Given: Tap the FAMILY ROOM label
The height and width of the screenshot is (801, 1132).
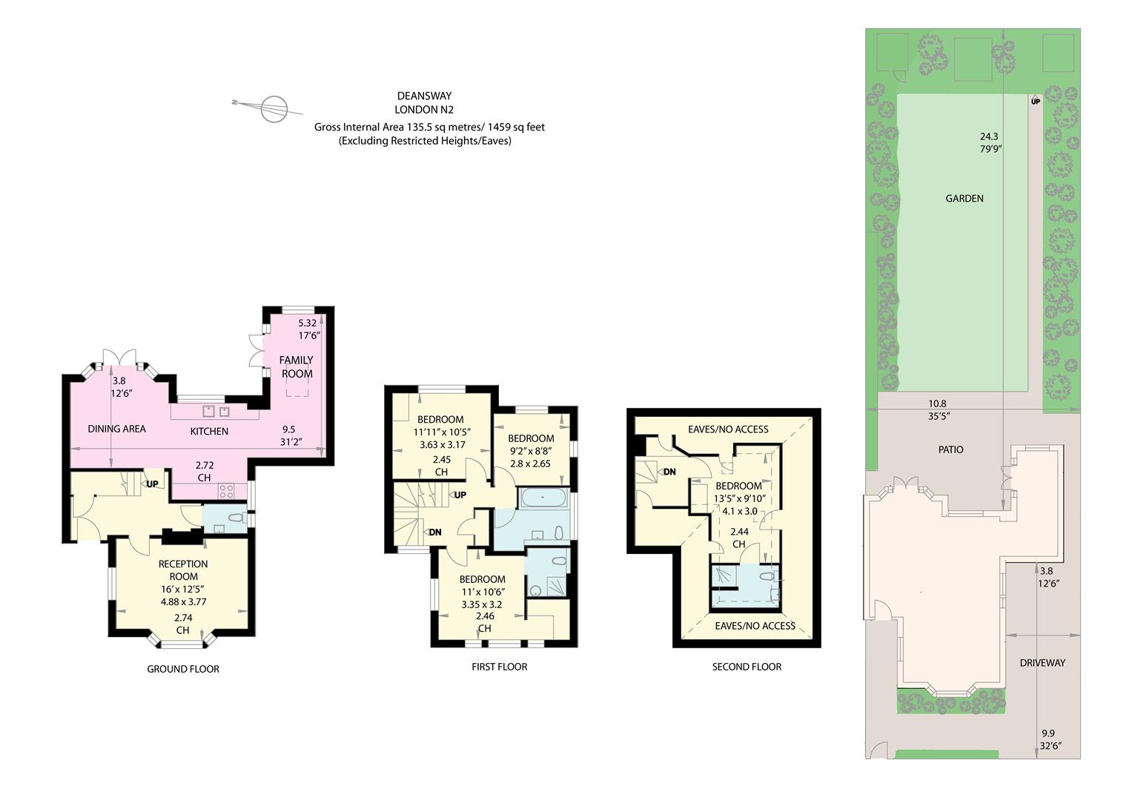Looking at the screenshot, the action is (297, 366).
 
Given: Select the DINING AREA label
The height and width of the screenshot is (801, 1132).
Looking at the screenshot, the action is (116, 429).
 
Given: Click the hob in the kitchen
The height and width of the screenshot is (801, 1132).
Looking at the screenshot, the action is (226, 490).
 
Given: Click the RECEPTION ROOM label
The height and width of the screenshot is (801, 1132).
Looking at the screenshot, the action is (183, 570).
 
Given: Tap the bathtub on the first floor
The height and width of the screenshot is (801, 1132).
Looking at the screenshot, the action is (543, 498).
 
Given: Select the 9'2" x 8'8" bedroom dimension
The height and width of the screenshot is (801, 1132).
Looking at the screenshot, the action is (530, 451).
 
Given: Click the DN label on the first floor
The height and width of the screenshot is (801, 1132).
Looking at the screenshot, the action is (435, 532).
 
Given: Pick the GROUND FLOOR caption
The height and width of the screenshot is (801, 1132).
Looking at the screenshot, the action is (183, 669).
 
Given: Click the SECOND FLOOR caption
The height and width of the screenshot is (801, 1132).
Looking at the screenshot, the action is (747, 667).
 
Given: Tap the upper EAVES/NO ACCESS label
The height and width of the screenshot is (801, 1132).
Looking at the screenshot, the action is (728, 429).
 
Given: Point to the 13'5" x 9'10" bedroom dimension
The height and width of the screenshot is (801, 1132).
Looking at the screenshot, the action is (739, 498).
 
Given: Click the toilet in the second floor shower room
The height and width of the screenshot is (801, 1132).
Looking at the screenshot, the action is (767, 576).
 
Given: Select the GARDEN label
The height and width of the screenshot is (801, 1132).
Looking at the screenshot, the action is (964, 198).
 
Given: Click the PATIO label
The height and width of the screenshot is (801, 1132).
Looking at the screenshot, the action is (950, 449).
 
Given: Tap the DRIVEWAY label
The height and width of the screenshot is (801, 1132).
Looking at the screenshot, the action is (1042, 662).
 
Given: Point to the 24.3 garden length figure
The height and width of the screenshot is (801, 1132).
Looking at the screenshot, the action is (989, 136).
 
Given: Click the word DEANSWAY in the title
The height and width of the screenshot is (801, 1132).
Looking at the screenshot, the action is (425, 96).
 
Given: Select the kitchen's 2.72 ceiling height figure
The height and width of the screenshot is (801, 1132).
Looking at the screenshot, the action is (205, 464).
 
